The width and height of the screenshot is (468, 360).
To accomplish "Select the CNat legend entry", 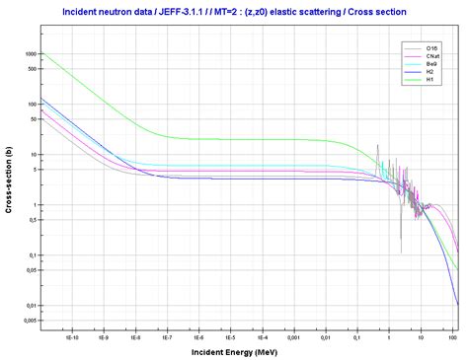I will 432,56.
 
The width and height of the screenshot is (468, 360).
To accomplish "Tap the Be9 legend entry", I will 432,64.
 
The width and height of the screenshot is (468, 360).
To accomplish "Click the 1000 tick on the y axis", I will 30,53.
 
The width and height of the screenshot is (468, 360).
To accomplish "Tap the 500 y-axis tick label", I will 32,68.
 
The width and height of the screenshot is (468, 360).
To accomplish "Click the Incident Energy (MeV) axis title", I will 248,351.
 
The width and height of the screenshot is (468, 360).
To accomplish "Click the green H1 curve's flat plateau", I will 247,139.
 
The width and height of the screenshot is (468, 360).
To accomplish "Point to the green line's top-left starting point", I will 41,53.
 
